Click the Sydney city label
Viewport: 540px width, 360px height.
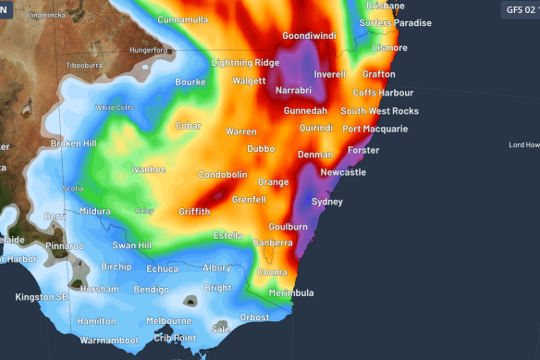pos(327,201)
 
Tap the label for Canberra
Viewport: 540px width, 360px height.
pos(274,242)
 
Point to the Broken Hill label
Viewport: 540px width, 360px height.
pos(74,143)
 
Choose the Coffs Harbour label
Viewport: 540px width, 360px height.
pos(383,93)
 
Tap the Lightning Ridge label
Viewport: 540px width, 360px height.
pos(244,62)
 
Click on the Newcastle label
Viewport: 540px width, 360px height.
pos(343,172)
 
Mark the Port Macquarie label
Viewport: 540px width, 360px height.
pos(374,129)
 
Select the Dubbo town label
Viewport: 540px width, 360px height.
pos(261,148)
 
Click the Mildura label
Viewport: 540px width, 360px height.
pos(95,211)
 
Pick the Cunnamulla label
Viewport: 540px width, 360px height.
pos(183,19)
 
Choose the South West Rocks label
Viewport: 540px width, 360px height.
pos(380,111)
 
